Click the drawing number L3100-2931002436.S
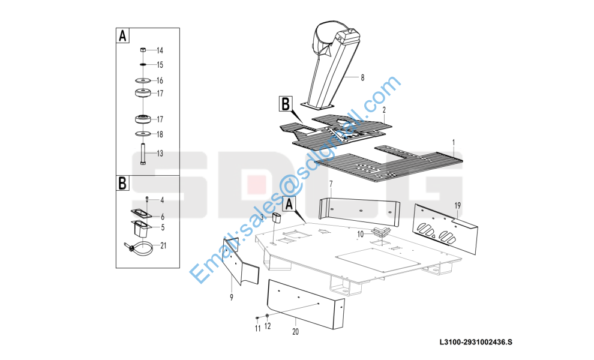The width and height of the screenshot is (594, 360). click(x=476, y=342)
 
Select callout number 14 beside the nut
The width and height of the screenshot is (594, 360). click(x=160, y=50)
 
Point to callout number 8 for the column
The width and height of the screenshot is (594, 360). click(x=362, y=77)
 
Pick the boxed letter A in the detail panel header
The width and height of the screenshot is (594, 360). click(x=122, y=36)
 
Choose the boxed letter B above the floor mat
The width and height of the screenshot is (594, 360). click(x=286, y=103)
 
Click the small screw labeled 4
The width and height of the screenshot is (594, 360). click(x=147, y=199)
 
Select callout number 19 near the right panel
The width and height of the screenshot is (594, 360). click(x=458, y=206)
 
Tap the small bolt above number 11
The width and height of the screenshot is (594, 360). click(x=257, y=317)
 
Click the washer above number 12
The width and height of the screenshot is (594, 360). click(x=268, y=316)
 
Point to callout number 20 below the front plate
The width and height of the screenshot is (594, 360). click(x=295, y=332)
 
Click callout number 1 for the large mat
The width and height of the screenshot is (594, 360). click(x=454, y=143)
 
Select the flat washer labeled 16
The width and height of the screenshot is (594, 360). click(x=142, y=80)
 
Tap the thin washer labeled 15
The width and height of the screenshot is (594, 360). click(x=143, y=64)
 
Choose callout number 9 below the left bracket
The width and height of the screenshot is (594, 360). click(x=232, y=298)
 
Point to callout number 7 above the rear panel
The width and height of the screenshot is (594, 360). click(x=331, y=184)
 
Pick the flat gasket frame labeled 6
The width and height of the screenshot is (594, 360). click(x=142, y=214)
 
